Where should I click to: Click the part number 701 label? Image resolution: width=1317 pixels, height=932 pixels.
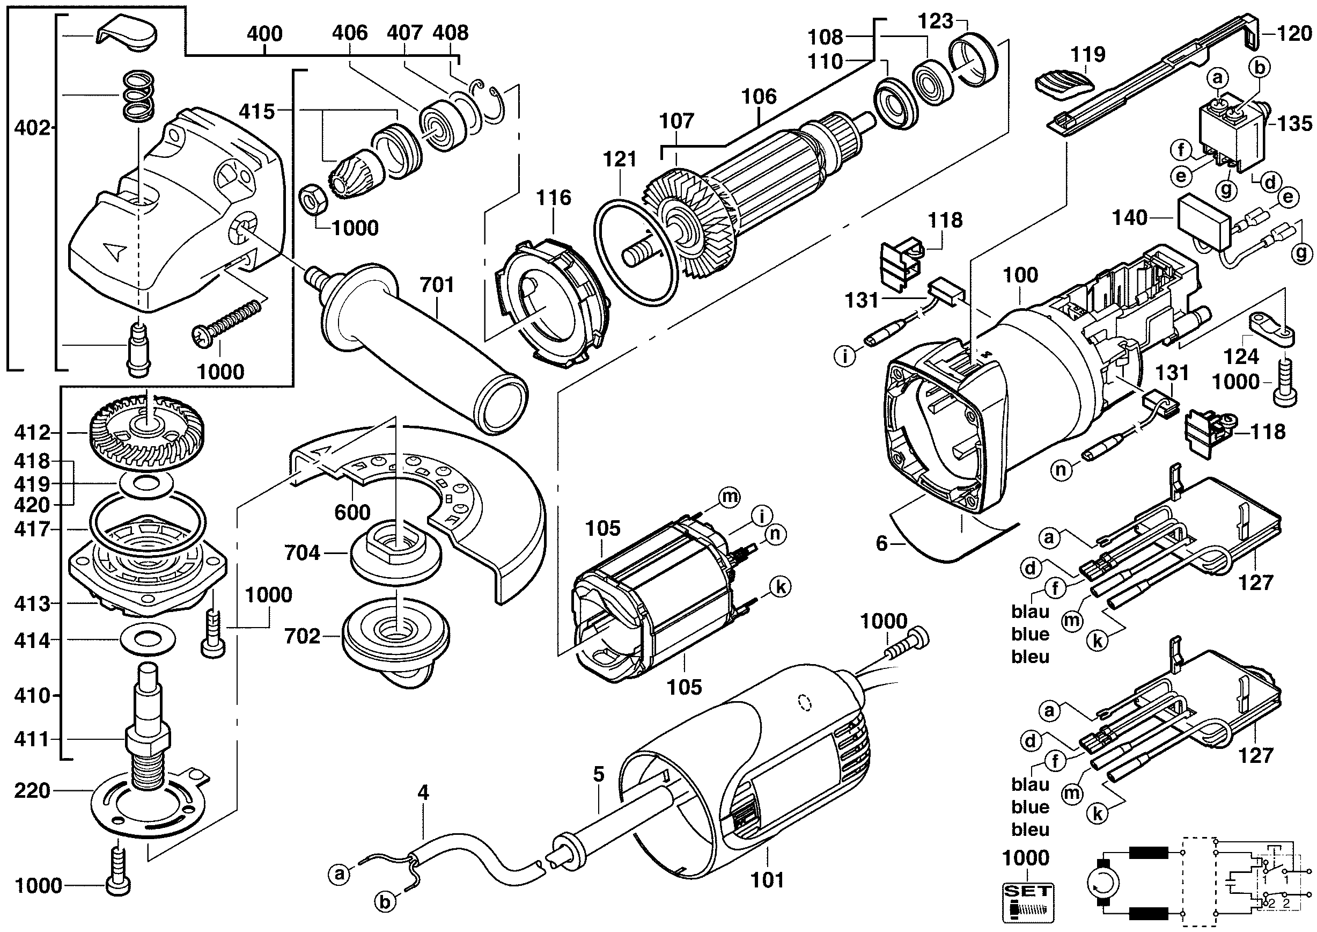coord(437,285)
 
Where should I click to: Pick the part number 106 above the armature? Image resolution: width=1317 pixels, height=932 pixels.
coord(759,97)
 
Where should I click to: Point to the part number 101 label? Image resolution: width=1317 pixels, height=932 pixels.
coord(768,880)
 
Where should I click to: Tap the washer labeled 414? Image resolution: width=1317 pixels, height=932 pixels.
coord(148,639)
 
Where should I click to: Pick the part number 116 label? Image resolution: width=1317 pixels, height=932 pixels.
coord(554,198)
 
